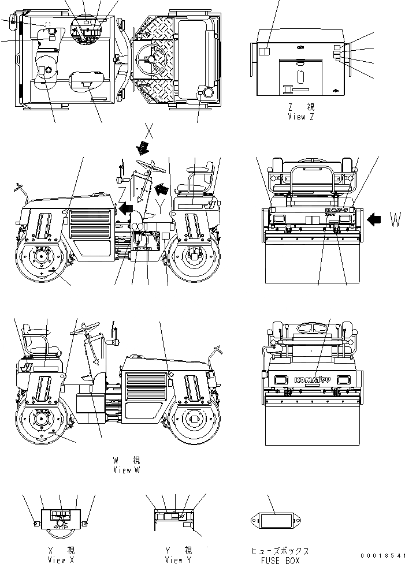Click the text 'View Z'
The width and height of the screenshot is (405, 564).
(300, 116)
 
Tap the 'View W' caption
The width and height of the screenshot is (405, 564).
(127, 470)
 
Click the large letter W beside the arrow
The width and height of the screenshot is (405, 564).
(395, 219)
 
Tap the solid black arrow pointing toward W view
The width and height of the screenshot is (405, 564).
(374, 219)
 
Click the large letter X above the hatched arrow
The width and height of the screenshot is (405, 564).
(148, 131)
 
